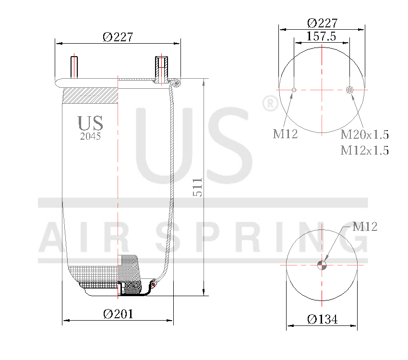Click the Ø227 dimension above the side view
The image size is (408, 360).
118,37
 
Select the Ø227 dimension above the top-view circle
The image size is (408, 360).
322,23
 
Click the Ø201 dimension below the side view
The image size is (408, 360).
118,314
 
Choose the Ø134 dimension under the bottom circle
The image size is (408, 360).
322,319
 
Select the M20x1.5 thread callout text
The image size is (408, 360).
364,134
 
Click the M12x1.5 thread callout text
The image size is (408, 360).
364,151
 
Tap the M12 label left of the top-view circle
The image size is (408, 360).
286,134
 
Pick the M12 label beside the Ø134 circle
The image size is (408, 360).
365,227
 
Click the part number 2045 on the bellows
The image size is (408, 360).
90,136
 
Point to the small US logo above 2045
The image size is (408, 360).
90,123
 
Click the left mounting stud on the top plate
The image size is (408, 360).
74,66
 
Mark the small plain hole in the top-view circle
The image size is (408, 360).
294,89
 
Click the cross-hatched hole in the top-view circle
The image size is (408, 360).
350,89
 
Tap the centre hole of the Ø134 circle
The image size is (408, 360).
322,265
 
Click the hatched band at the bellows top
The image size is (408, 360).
90,95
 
